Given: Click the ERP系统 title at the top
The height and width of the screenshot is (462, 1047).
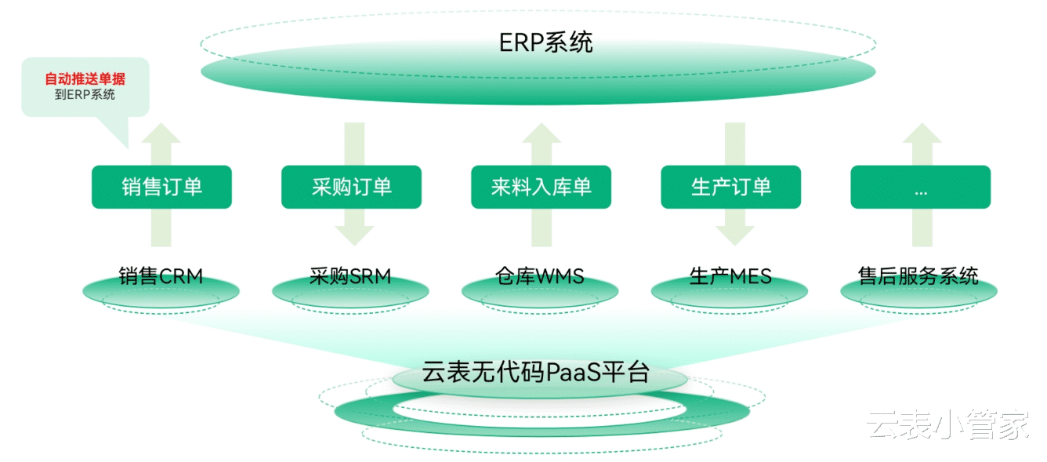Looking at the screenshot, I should tap(546, 42).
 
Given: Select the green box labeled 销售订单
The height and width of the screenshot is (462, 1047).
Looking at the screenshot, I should tap(161, 187).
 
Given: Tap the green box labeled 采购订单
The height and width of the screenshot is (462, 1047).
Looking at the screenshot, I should tap(351, 187).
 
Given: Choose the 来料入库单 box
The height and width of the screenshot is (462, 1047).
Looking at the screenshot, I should tap(541, 187).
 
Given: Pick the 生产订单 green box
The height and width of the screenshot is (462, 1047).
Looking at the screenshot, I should tap(730, 187).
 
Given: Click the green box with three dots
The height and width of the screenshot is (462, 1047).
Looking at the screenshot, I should tap(920, 187).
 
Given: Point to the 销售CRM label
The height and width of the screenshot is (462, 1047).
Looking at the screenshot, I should tap(161, 276).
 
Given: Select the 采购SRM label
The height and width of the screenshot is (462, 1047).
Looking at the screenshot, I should tap(350, 276).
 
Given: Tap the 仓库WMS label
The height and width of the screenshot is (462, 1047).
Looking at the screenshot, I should tap(540, 276).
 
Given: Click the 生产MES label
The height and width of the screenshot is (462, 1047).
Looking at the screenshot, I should tap(730, 276).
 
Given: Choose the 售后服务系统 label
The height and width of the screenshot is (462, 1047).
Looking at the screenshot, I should tap(918, 276).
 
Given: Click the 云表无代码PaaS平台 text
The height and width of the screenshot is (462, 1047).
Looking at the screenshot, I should tap(536, 371).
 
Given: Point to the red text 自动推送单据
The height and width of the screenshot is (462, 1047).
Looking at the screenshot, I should tap(85, 79).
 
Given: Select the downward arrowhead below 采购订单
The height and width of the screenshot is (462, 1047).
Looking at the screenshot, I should tap(351, 234).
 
